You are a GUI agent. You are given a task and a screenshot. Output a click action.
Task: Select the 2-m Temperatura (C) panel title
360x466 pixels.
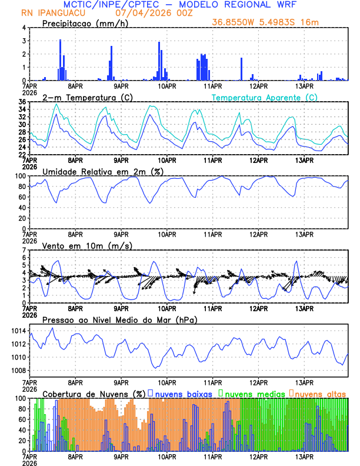(x=86, y=97)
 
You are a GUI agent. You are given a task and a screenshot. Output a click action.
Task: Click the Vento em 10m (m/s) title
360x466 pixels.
(x=87, y=245)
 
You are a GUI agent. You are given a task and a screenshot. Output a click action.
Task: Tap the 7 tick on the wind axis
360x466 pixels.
(x=24, y=250)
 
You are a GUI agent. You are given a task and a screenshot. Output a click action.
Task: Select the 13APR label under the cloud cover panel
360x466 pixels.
(x=304, y=457)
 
